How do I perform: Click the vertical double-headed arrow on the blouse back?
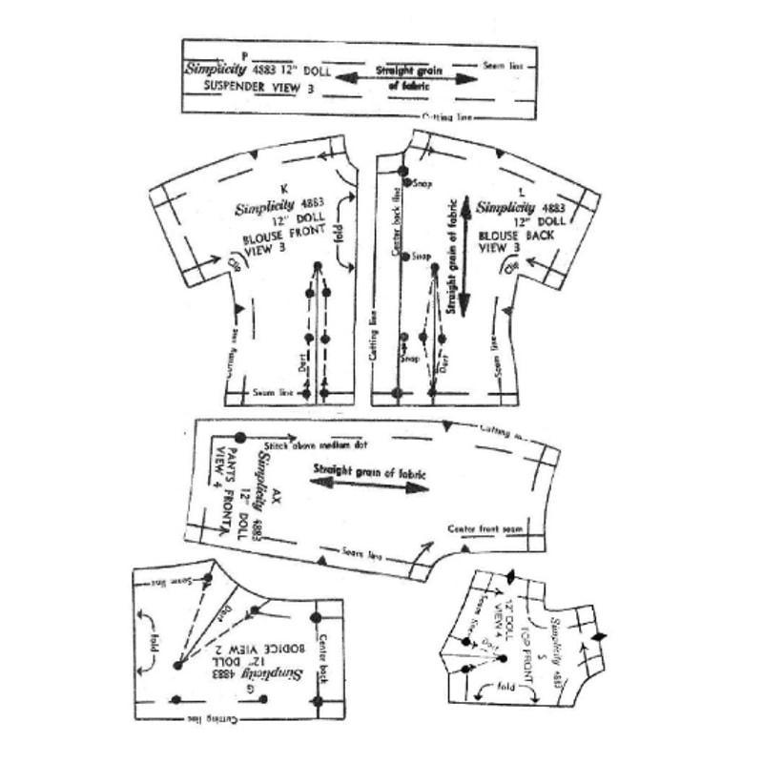click(x=464, y=258)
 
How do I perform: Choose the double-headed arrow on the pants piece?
click(x=366, y=486)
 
